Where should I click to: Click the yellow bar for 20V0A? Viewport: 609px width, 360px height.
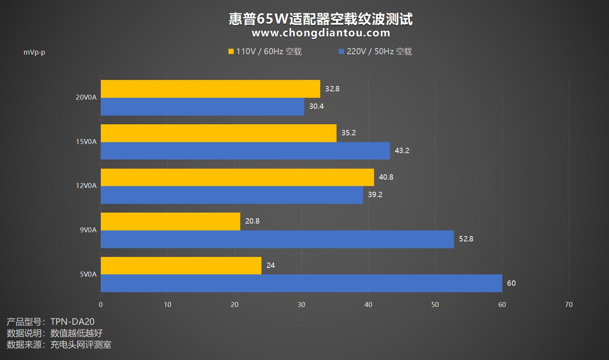[x=210, y=89]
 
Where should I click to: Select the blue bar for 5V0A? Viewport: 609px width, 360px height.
[x=301, y=283]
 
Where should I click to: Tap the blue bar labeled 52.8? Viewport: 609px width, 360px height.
[x=277, y=239]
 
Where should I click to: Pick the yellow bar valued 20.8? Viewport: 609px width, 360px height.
[x=171, y=221]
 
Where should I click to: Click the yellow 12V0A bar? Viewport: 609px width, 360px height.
[x=237, y=177]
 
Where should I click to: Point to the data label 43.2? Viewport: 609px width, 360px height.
[x=402, y=150]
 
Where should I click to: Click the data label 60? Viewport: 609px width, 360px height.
[x=511, y=283]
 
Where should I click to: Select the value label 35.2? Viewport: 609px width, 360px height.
[x=348, y=133]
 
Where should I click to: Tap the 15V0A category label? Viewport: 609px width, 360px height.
[x=86, y=142]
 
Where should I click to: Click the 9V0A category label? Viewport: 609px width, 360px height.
[x=88, y=230]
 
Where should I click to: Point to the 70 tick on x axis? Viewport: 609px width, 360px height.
[x=568, y=305]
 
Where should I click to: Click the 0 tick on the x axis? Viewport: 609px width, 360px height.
[x=101, y=305]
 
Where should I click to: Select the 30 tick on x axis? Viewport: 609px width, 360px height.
[x=301, y=305]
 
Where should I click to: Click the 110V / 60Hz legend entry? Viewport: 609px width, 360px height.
[x=265, y=52]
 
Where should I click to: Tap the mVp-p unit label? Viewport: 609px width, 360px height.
[x=34, y=52]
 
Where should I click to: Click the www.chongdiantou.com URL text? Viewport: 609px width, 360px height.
[x=321, y=33]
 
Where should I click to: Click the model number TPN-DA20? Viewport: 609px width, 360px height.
[x=72, y=322]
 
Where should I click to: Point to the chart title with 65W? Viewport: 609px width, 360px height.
[x=321, y=19]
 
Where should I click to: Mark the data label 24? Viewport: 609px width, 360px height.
[x=270, y=265]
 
